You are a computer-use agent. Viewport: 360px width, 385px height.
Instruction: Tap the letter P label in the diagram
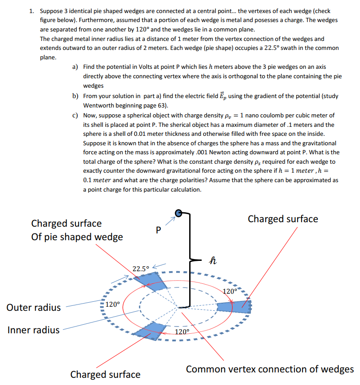tap(157, 230)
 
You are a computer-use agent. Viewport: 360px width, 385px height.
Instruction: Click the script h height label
tap(213, 260)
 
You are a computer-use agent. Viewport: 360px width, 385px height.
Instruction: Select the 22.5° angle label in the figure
tap(141, 269)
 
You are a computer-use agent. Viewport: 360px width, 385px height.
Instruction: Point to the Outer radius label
tap(34, 308)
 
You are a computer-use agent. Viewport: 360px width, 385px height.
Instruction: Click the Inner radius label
tap(33, 330)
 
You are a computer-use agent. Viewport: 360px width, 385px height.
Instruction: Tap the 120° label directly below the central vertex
tap(182, 332)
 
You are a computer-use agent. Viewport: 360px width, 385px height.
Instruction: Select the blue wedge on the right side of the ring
tap(234, 306)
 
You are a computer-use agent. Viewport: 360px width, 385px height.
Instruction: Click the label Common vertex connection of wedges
tap(270, 369)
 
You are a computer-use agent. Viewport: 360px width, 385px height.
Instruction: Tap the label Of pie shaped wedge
tap(77, 237)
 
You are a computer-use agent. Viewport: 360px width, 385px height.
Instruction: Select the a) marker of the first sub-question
tap(76, 67)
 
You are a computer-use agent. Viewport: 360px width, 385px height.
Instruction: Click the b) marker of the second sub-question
tap(76, 96)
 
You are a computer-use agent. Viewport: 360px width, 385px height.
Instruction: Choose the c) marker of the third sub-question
tap(76, 116)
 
